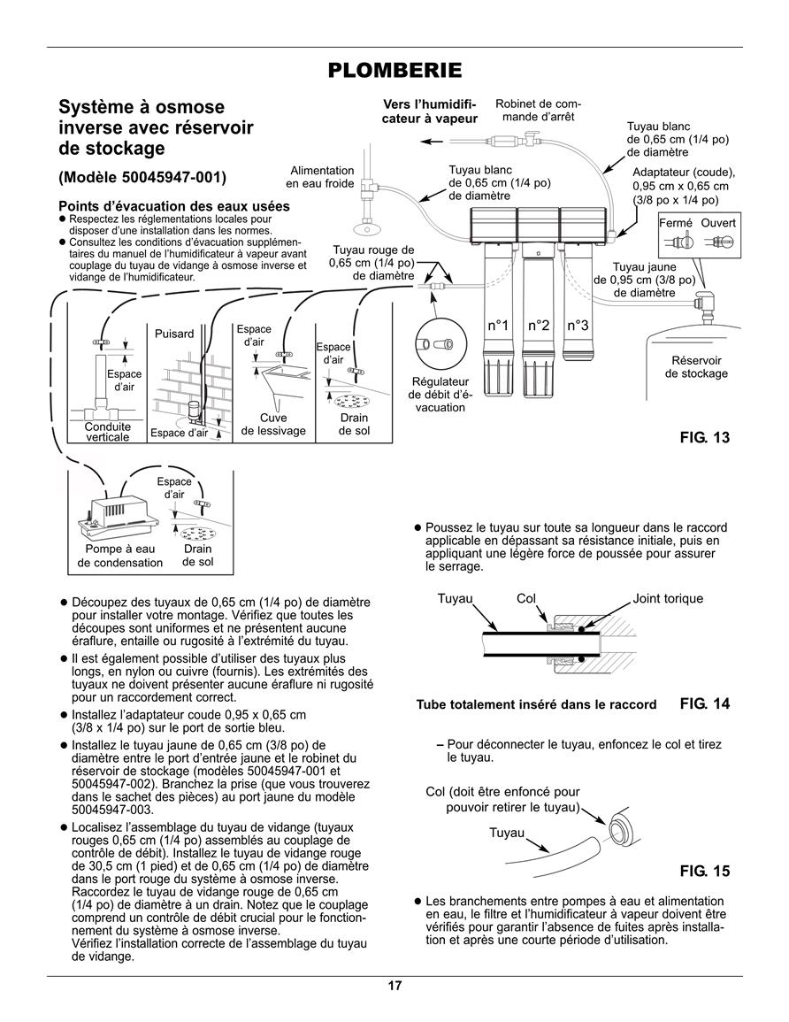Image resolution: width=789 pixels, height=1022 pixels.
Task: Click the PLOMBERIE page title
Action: (x=394, y=71)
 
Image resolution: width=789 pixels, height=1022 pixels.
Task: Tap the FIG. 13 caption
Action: (x=705, y=437)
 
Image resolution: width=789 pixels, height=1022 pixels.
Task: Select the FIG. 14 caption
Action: (x=705, y=703)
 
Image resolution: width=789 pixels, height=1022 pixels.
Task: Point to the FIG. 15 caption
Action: (x=705, y=871)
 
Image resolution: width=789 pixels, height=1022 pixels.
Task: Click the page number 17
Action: (x=394, y=985)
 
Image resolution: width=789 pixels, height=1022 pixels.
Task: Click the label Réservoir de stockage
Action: (x=696, y=367)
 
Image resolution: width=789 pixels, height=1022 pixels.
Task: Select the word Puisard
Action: (x=174, y=334)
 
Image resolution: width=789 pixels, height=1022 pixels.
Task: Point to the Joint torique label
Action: (x=668, y=598)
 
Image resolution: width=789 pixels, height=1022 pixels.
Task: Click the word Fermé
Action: (x=676, y=223)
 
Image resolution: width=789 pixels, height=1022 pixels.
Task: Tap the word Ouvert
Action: (x=718, y=223)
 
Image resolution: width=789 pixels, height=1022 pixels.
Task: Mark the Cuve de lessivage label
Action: (x=273, y=425)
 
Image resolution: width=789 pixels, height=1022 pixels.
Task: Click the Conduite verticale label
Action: (x=108, y=432)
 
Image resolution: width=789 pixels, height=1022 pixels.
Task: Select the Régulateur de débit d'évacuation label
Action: (x=440, y=395)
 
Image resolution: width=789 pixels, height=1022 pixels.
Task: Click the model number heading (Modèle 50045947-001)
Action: (x=142, y=178)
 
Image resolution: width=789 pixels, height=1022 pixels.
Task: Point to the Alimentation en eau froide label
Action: (x=320, y=177)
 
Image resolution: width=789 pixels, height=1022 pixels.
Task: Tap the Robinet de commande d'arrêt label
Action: (x=538, y=110)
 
